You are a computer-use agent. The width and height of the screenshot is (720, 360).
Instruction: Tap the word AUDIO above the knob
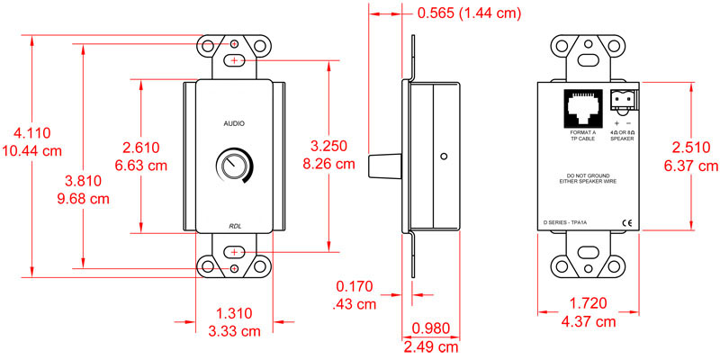click(234, 121)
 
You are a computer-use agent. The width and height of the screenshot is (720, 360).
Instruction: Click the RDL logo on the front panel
click(234, 227)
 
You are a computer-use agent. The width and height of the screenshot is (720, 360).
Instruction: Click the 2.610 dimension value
click(141, 147)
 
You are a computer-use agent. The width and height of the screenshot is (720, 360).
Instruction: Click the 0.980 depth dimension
click(431, 328)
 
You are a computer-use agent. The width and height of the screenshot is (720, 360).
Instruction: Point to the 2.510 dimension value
click(696, 148)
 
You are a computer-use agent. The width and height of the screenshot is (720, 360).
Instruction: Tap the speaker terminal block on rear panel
click(622, 99)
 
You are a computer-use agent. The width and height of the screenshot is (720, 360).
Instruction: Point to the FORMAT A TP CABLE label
click(582, 135)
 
